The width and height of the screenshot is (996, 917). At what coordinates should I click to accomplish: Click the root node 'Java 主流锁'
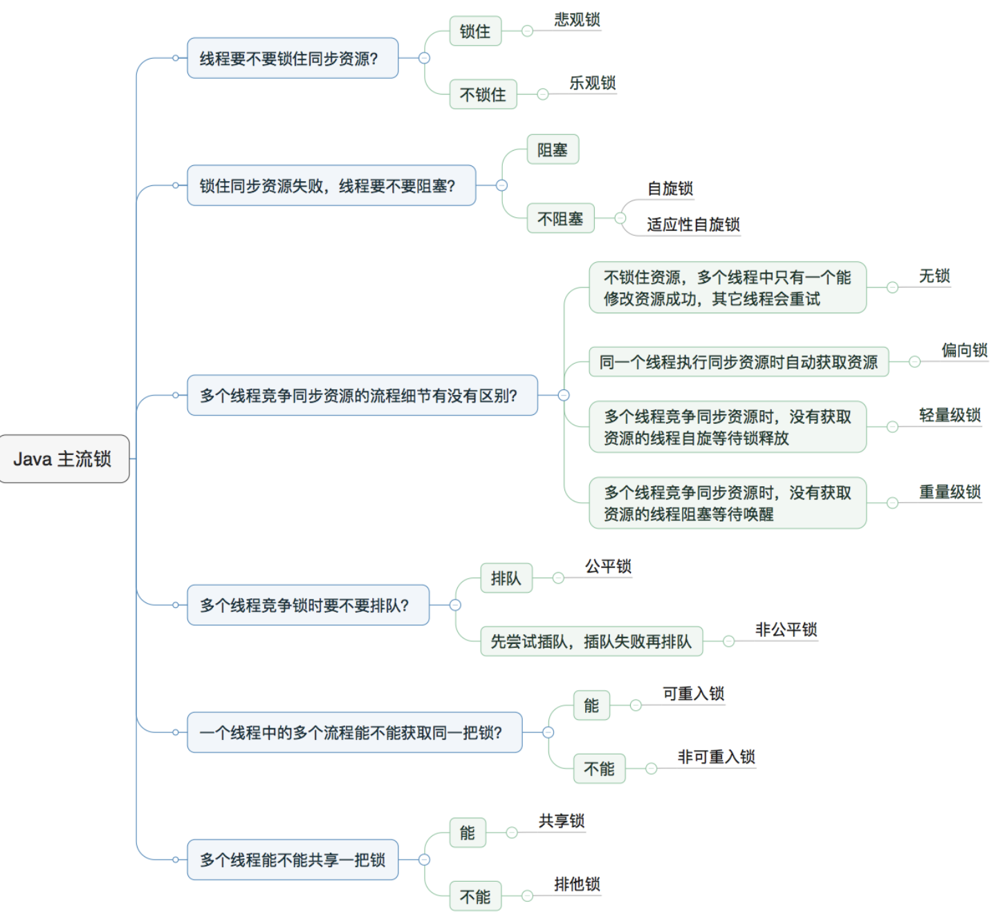click(x=63, y=458)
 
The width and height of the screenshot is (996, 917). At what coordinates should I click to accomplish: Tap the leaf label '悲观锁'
click(x=577, y=20)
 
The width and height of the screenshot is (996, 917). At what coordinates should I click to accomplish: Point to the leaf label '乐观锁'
click(x=592, y=83)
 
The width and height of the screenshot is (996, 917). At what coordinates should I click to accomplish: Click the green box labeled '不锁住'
click(x=483, y=95)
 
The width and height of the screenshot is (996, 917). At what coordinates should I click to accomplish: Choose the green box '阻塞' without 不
click(x=552, y=149)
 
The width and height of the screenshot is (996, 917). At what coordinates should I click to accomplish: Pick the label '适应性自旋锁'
click(x=693, y=224)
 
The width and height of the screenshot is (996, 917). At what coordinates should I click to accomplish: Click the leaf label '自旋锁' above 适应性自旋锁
click(x=670, y=189)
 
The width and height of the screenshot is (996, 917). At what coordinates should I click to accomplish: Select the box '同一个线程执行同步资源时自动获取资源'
click(x=738, y=362)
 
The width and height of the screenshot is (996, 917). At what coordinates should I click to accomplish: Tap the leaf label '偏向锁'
click(x=963, y=350)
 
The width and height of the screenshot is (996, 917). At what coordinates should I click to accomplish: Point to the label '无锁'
click(x=934, y=276)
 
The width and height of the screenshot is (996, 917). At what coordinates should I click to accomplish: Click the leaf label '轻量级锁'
click(x=949, y=415)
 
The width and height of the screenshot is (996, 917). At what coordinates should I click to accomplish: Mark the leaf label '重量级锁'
click(x=949, y=492)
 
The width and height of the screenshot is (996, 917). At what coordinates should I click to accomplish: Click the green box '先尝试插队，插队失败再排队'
click(x=591, y=641)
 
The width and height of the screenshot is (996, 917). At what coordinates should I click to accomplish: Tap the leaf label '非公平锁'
click(x=786, y=629)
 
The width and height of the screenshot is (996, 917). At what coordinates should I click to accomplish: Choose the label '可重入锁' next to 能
click(x=693, y=694)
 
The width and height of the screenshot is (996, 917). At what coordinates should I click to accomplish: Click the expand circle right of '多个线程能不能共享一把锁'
click(x=424, y=860)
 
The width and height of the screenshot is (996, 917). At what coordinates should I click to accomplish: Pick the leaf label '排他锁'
click(x=577, y=884)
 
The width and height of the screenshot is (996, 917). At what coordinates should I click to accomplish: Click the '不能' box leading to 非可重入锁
click(x=599, y=768)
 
